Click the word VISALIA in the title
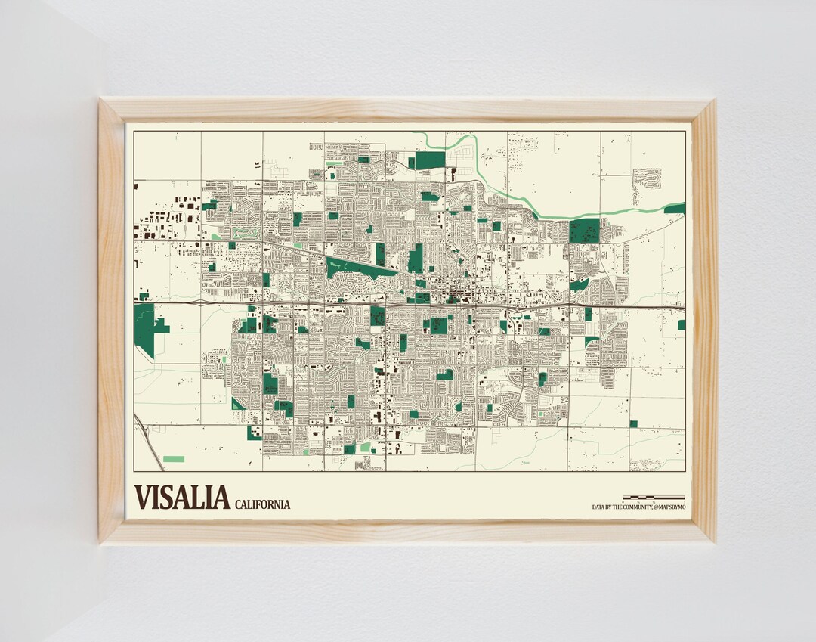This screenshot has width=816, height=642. [181, 498]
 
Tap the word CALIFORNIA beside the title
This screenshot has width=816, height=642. [262, 504]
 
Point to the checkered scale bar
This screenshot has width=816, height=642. [654, 498]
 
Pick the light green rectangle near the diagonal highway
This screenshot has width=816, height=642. [174, 459]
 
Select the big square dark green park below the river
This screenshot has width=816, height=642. [584, 231]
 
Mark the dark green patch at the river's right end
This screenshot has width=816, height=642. [675, 209]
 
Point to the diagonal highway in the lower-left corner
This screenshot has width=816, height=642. [149, 442]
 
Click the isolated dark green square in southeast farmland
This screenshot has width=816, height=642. [633, 423]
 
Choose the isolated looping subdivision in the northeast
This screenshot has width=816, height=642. [646, 178]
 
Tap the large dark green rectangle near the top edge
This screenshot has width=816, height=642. [430, 160]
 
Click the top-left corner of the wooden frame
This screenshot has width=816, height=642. [103, 102]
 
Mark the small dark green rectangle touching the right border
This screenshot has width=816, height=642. [681, 324]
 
